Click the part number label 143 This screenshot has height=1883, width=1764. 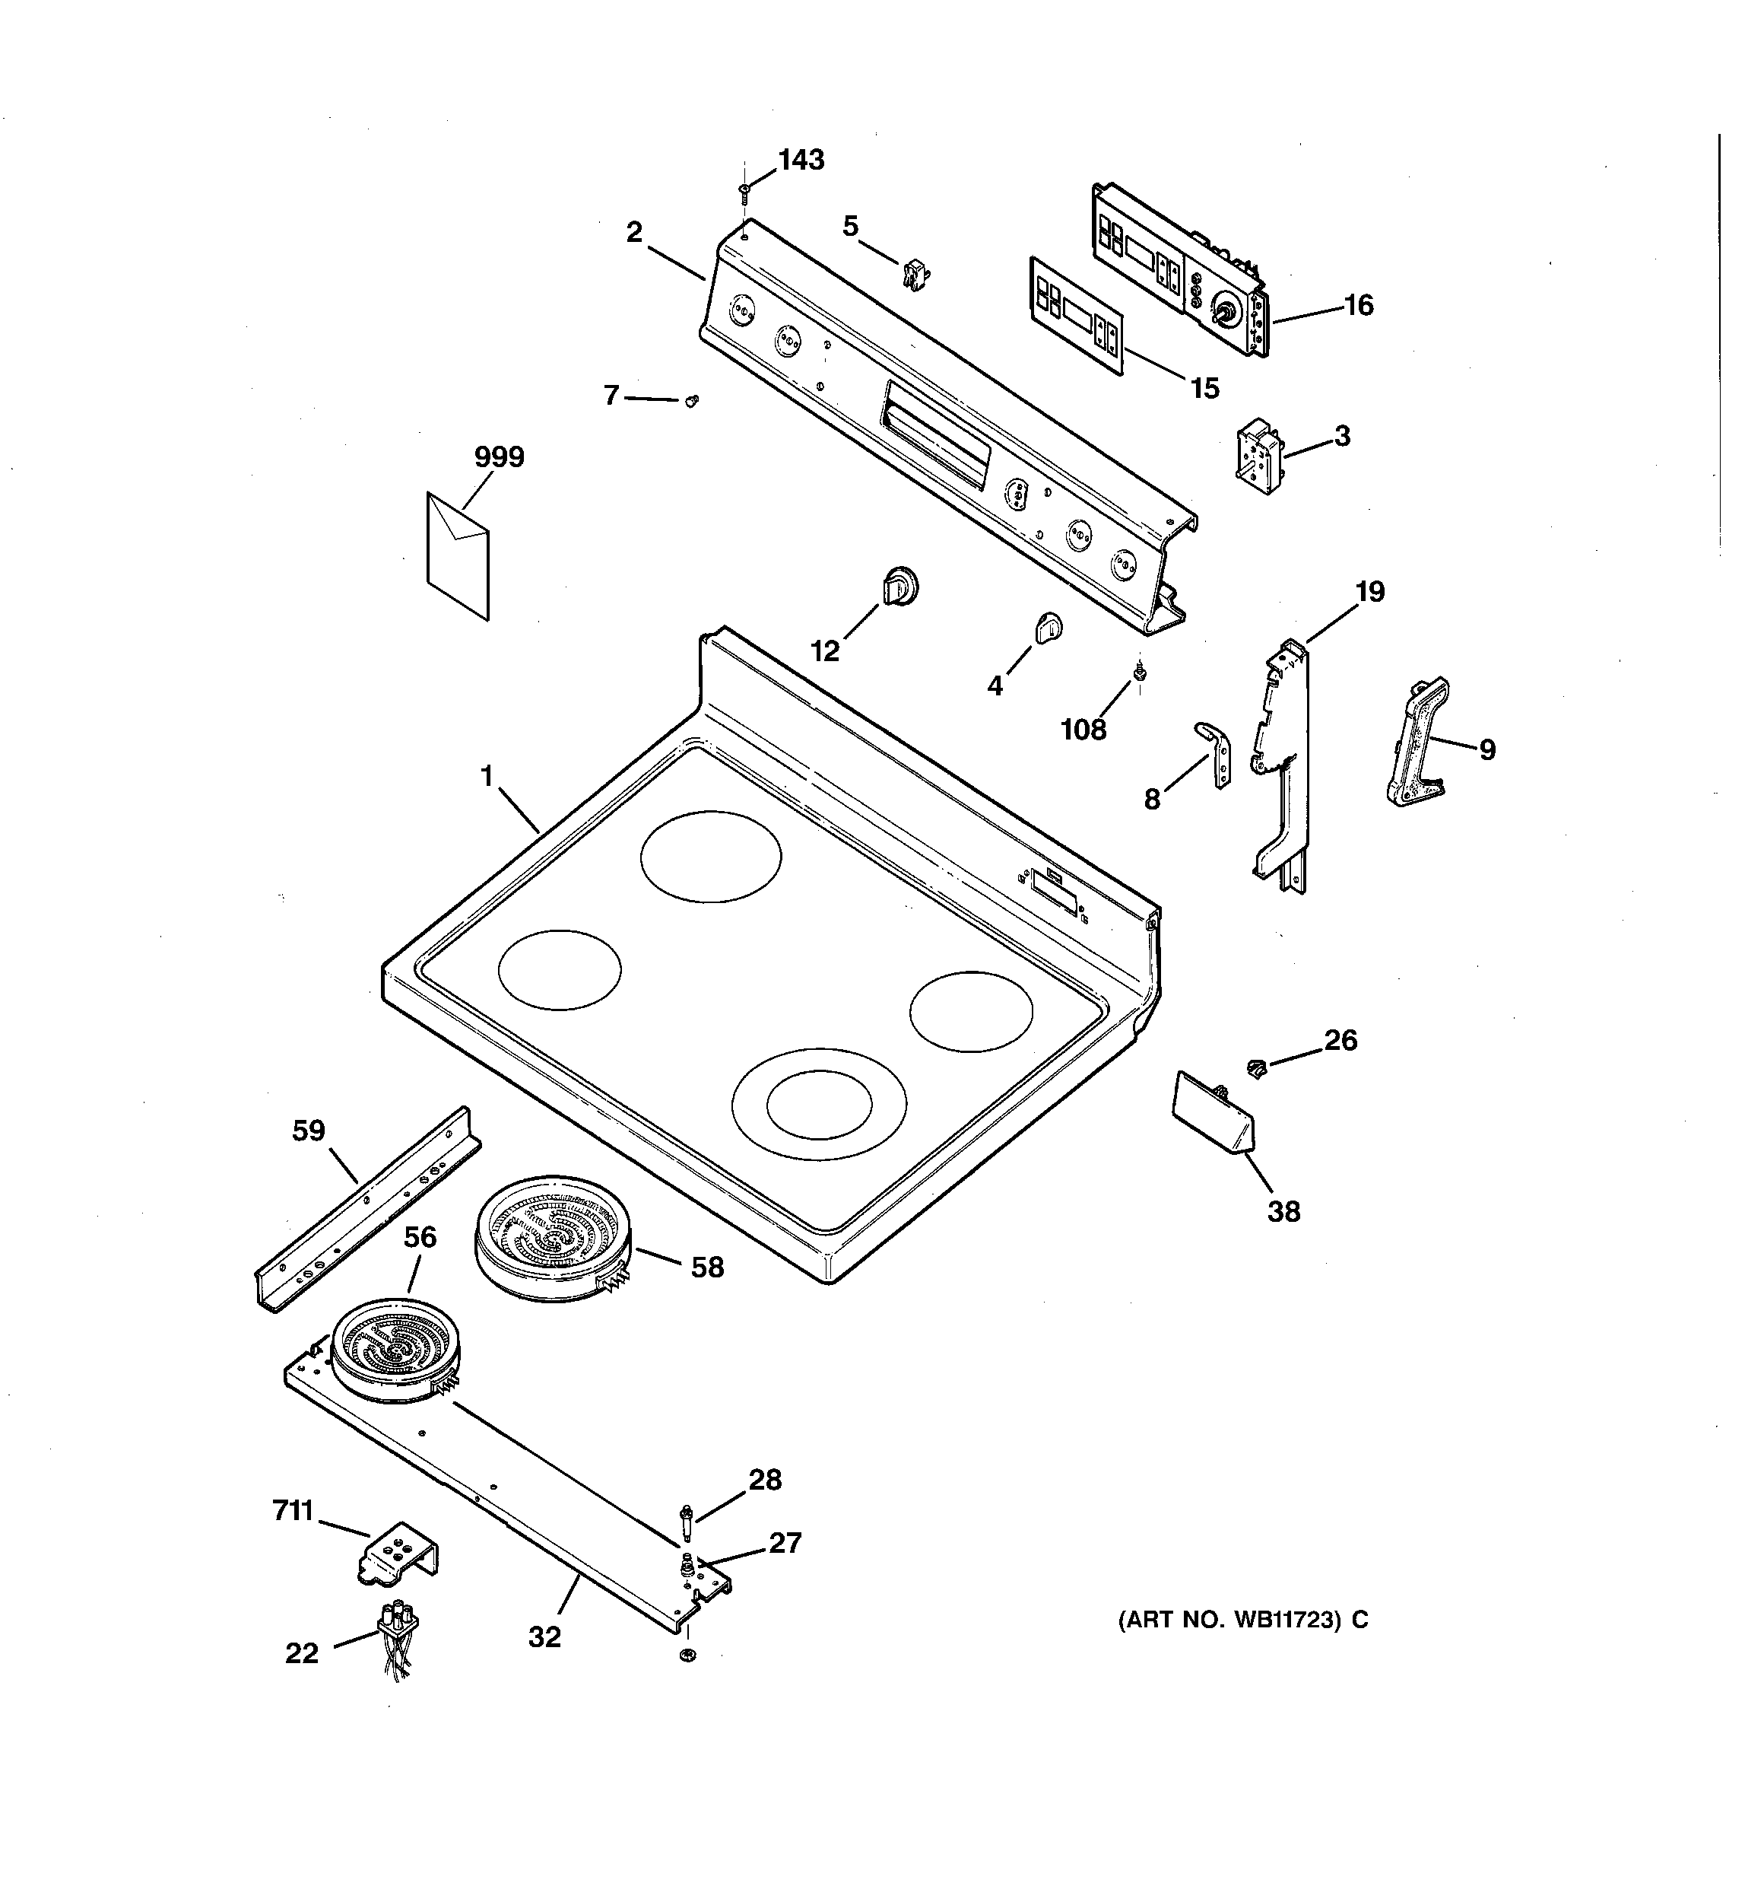click(x=801, y=160)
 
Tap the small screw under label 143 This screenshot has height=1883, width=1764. click(x=744, y=192)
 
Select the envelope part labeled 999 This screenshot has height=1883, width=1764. click(x=458, y=556)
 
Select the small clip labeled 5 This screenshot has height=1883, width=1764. click(x=915, y=274)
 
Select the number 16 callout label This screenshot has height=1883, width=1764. click(x=1358, y=305)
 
